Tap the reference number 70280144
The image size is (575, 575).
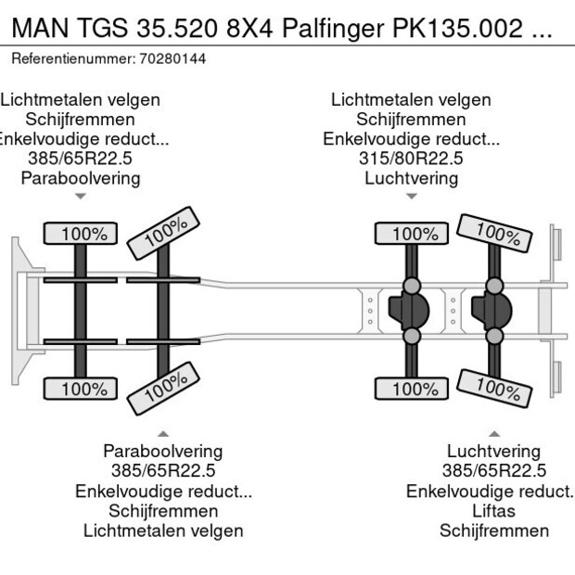(174, 58)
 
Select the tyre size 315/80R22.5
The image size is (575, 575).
(411, 159)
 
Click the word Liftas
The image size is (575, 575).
(493, 511)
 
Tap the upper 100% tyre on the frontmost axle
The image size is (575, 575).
(83, 235)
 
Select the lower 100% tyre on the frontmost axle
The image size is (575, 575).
(83, 390)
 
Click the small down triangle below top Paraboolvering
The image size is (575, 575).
(81, 196)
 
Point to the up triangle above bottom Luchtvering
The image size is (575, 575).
(493, 433)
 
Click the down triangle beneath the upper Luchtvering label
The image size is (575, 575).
(411, 196)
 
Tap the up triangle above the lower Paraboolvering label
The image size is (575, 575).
(162, 433)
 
